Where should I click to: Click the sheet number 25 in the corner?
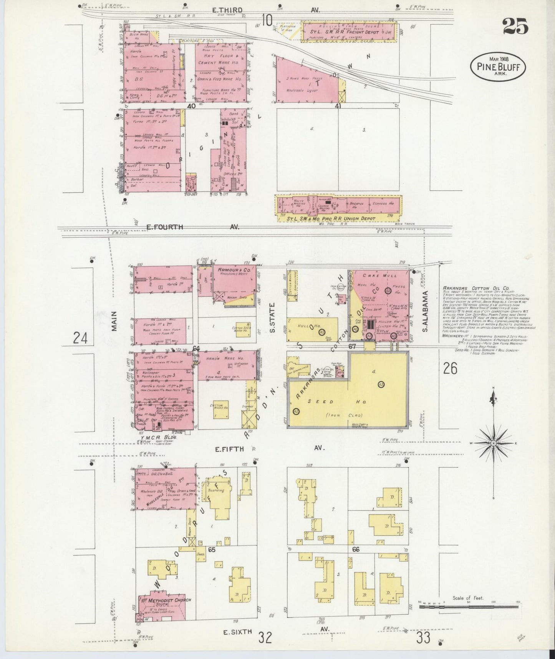pyautogui.click(x=515, y=26)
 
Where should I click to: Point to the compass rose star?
pyautogui.click(x=493, y=443)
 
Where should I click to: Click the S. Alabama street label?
pyautogui.click(x=425, y=311)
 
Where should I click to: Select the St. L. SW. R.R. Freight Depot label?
pyautogui.click(x=340, y=32)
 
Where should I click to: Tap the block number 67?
pyautogui.click(x=352, y=346)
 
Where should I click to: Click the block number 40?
pyautogui.click(x=191, y=106)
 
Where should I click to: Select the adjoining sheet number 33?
pyautogui.click(x=423, y=638)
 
